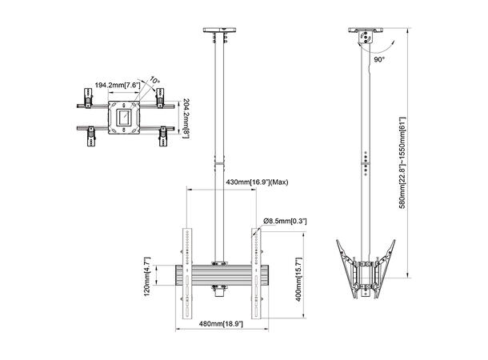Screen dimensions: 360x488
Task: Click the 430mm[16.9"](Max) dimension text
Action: (256, 183)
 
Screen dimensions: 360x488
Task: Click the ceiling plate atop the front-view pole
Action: (219, 34)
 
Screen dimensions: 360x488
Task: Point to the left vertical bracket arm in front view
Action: (186, 272)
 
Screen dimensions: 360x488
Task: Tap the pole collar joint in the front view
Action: (219, 164)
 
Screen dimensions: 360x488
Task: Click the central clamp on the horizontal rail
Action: (219, 266)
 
